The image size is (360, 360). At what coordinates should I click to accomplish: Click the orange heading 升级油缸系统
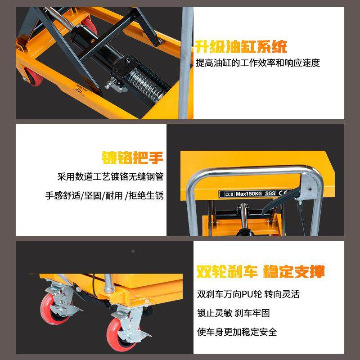(x=241, y=46)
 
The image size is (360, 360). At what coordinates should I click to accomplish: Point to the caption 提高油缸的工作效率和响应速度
(x=258, y=63)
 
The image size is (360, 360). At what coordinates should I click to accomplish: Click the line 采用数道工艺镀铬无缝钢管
(x=110, y=177)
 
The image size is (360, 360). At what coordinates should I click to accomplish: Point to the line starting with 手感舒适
(x=104, y=196)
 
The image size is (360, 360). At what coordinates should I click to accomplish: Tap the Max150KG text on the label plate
(x=248, y=194)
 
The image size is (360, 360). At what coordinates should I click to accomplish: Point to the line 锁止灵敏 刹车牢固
(x=234, y=313)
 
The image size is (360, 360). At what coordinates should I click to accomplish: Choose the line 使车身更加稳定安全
(x=237, y=332)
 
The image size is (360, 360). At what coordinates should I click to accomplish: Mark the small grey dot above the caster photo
(x=133, y=251)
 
